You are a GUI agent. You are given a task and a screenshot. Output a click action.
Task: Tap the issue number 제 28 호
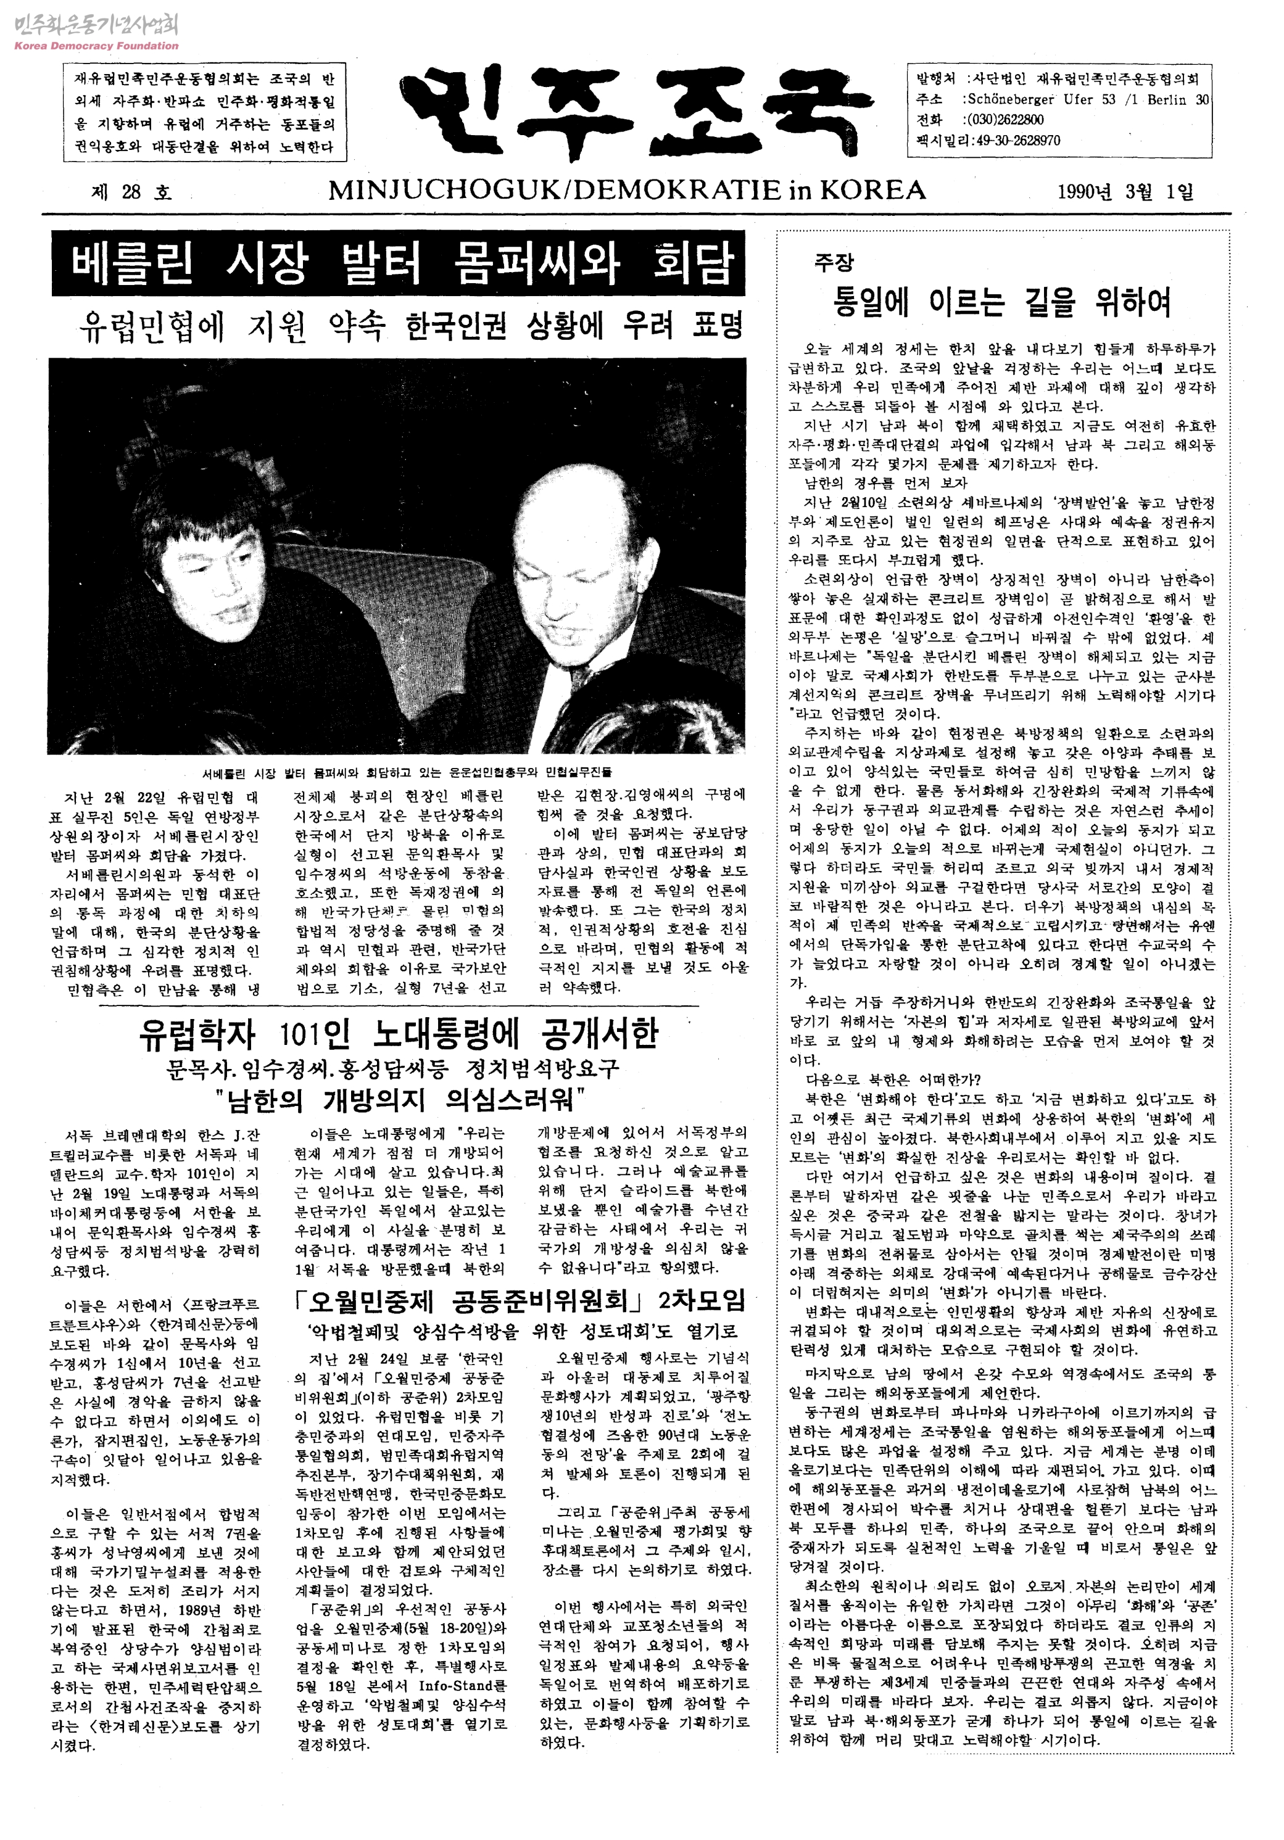pos(131,192)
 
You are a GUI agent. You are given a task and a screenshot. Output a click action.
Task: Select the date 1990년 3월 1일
pos(1125,192)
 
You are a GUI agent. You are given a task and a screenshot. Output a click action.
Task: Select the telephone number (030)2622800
pos(1005,120)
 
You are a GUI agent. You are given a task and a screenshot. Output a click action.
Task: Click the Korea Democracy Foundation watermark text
pos(96,46)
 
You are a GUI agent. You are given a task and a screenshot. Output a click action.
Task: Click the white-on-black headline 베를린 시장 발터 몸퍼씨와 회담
pos(399,263)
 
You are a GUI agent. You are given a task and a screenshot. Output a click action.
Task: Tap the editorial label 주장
pos(834,262)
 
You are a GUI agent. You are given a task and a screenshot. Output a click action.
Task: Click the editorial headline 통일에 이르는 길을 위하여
pos(1002,302)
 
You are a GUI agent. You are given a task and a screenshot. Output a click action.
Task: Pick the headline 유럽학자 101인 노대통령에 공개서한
pos(399,1034)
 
